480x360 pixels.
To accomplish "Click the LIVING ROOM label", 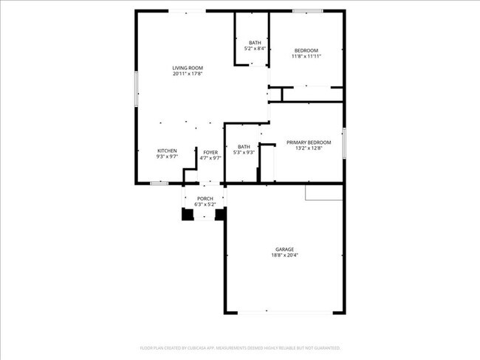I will pos(188,68).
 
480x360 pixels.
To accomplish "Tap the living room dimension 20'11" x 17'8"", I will pos(188,74).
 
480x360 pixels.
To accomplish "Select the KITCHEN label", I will pos(167,151).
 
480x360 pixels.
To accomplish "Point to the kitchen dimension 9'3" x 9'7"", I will pos(167,157).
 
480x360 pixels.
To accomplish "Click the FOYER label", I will pos(210,152).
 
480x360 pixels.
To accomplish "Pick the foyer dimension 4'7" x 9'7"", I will pos(210,158).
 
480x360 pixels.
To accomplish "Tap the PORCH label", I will pos(205,198).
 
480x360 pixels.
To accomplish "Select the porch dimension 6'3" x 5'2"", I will pos(205,204).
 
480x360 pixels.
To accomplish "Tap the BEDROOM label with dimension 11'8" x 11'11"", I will pos(306,50).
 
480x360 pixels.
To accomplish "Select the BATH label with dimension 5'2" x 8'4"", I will pos(255,43).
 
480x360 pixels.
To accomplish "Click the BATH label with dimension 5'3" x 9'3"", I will pos(244,147).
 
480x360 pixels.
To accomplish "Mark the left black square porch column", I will pos(187,215).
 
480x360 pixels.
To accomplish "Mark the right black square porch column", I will pos(220,215).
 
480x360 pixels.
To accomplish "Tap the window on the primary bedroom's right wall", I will pos(344,141).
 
